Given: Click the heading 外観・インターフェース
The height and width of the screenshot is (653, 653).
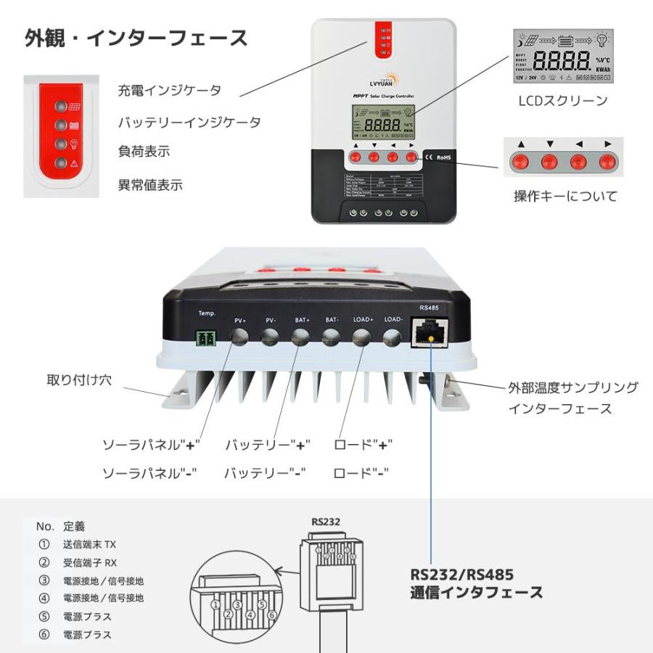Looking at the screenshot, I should pyautogui.click(x=136, y=38).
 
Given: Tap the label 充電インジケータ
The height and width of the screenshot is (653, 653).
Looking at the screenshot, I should pyautogui.click(x=170, y=91).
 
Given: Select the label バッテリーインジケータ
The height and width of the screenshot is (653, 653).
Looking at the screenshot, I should pyautogui.click(x=189, y=122).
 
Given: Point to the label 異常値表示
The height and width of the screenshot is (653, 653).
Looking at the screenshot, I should pyautogui.click(x=150, y=185).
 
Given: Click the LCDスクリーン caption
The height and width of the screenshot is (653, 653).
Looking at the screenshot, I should pyautogui.click(x=562, y=101).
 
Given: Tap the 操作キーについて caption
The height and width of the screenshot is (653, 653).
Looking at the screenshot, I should pyautogui.click(x=565, y=196).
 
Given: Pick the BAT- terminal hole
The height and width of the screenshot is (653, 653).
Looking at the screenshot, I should pyautogui.click(x=331, y=337).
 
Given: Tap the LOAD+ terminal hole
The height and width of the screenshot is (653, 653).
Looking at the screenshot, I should pyautogui.click(x=361, y=337).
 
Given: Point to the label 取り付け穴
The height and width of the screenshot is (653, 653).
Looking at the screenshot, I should pyautogui.click(x=80, y=380).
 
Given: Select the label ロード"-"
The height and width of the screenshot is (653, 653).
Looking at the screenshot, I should pyautogui.click(x=361, y=473).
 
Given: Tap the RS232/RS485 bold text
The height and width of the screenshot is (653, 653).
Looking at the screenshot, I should pyautogui.click(x=461, y=575).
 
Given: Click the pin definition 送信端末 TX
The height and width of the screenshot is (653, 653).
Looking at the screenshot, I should pyautogui.click(x=89, y=544).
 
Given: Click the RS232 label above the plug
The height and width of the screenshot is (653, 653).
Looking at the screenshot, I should pyautogui.click(x=326, y=521).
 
